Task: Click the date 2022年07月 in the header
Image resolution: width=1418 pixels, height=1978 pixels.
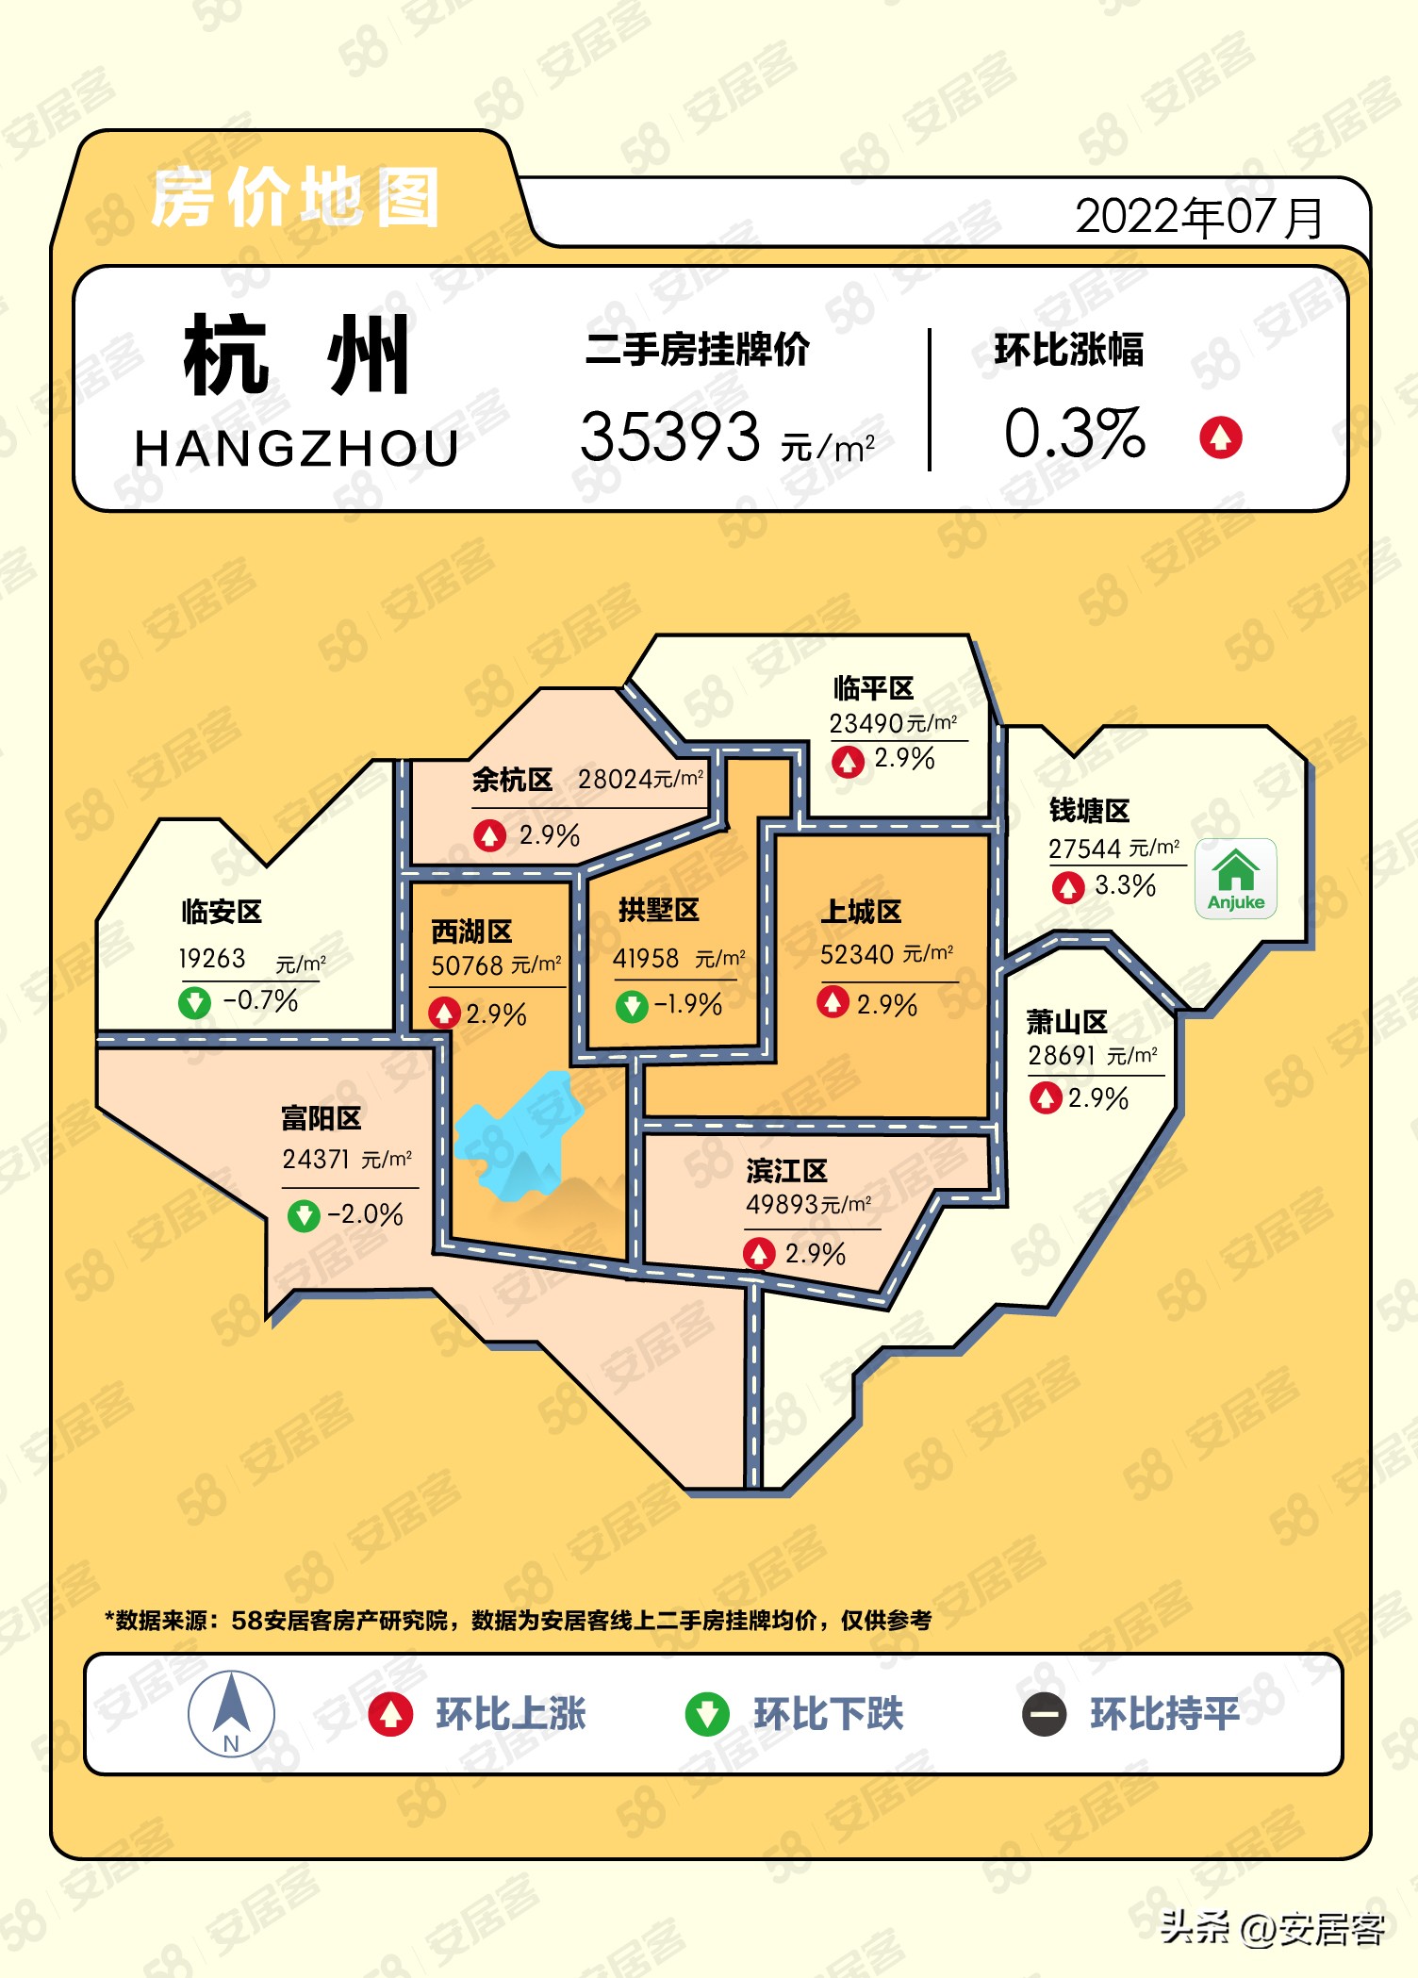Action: coord(1198,217)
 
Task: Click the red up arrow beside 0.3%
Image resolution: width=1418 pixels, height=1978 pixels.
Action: coord(1221,437)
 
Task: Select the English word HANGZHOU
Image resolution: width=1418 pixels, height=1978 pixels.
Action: coord(297,449)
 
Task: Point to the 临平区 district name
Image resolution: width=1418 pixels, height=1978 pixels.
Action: coord(873,688)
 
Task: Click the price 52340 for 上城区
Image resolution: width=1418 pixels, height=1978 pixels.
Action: coord(857,955)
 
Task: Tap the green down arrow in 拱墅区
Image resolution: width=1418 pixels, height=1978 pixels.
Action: coord(632,1006)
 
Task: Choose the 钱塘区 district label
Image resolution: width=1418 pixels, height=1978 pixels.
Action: coord(1089,811)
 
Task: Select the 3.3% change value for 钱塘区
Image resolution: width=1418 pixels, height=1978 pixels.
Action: coord(1125,886)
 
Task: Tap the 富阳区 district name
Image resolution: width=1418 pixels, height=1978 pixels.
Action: coord(321,1119)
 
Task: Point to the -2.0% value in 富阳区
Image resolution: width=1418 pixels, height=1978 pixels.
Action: coord(365,1214)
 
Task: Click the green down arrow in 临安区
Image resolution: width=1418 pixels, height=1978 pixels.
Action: coord(195,1001)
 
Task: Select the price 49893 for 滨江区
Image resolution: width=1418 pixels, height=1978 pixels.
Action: coord(782,1205)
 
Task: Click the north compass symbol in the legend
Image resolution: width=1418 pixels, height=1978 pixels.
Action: coord(231,1713)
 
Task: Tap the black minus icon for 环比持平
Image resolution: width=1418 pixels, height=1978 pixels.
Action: coord(1045,1714)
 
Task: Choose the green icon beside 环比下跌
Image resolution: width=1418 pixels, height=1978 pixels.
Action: coord(707,1714)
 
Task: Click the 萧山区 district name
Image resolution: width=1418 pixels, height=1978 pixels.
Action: coord(1066,1022)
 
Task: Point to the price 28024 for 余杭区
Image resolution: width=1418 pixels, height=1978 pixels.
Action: coord(615,780)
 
